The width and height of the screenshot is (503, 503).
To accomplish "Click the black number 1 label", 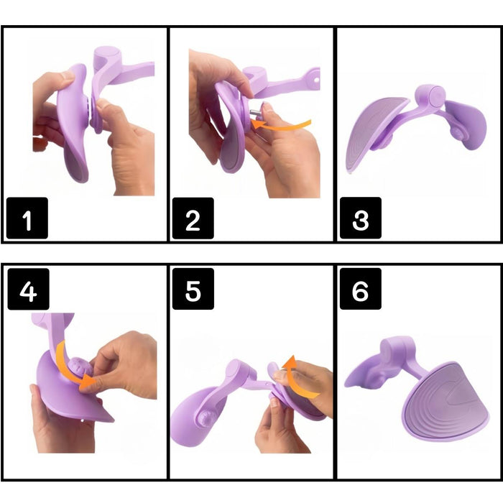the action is pyautogui.click(x=27, y=218).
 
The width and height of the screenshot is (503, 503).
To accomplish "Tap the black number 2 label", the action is pyautogui.click(x=193, y=218).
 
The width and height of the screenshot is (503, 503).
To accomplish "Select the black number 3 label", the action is pyautogui.click(x=361, y=218).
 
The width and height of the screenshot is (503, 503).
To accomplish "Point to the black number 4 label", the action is pyautogui.click(x=28, y=289).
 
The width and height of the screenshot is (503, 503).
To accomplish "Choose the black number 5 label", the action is pyautogui.click(x=193, y=289).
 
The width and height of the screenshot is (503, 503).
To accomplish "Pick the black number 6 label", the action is pyautogui.click(x=361, y=289).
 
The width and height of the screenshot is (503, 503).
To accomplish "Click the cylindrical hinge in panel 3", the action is pyautogui.click(x=430, y=96).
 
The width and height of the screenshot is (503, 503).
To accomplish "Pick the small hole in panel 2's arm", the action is pyautogui.click(x=317, y=79).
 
